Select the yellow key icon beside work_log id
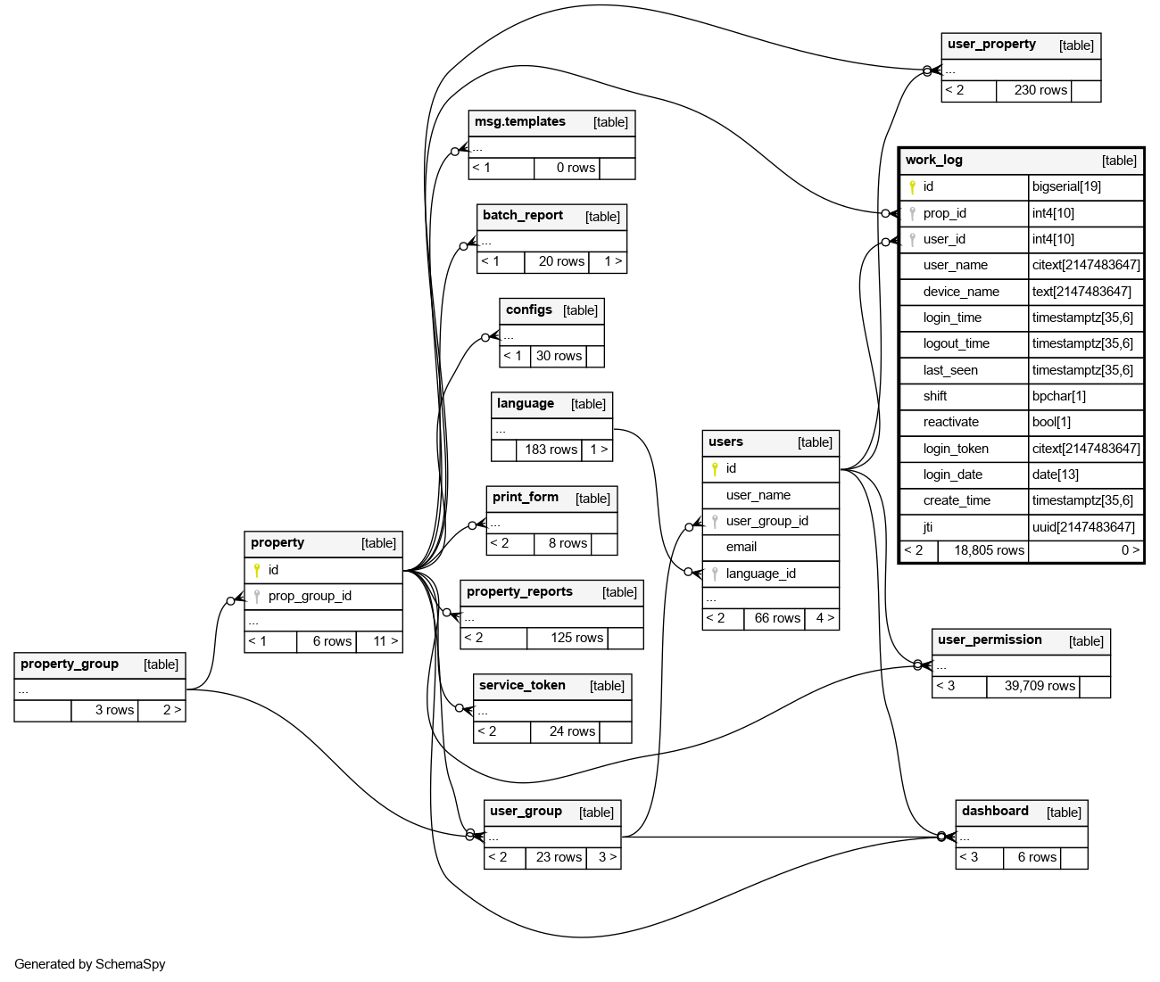[x=912, y=187]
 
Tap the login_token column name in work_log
[x=956, y=449]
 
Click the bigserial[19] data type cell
[x=1066, y=186]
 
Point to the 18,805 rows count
[x=989, y=550]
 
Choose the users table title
[x=725, y=442]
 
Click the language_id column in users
[x=760, y=574]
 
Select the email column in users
[x=741, y=547]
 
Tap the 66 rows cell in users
[x=777, y=618]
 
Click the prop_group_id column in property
[x=310, y=596]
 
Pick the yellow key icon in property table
[x=257, y=570]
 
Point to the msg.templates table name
[x=519, y=122]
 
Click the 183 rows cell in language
[x=551, y=450]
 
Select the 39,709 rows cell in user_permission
[x=1040, y=686]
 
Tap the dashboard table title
[x=995, y=812]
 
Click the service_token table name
[x=522, y=686]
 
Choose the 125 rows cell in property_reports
[x=576, y=638]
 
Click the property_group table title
[x=70, y=664]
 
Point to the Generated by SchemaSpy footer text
[x=90, y=964]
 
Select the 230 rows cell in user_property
[x=1040, y=90]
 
